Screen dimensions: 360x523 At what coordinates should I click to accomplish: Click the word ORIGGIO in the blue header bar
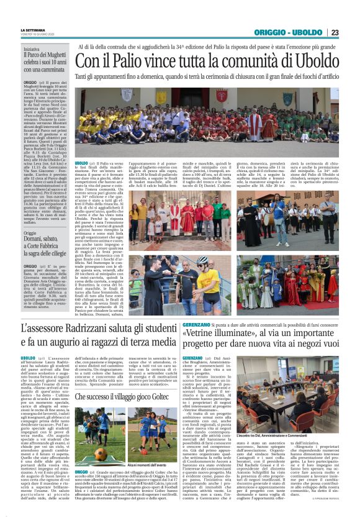[x=271, y=32]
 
